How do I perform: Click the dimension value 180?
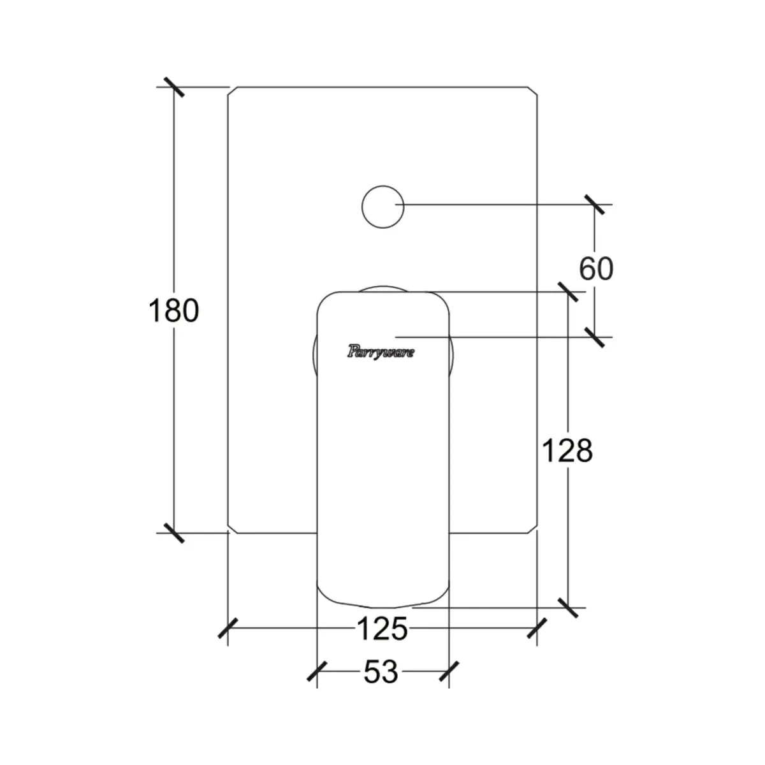pyautogui.click(x=173, y=311)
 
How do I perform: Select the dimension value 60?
pyautogui.click(x=596, y=269)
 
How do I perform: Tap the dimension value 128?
pyautogui.click(x=567, y=451)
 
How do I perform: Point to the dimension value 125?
pyautogui.click(x=382, y=629)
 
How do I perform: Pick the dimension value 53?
pyautogui.click(x=381, y=672)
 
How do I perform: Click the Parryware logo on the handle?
pyautogui.click(x=381, y=352)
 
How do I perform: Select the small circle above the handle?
pyautogui.click(x=382, y=186)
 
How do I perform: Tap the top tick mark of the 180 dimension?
pyautogui.click(x=174, y=87)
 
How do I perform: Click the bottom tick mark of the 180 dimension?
pyautogui.click(x=174, y=533)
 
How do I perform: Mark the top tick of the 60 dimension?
pyautogui.click(x=594, y=205)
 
